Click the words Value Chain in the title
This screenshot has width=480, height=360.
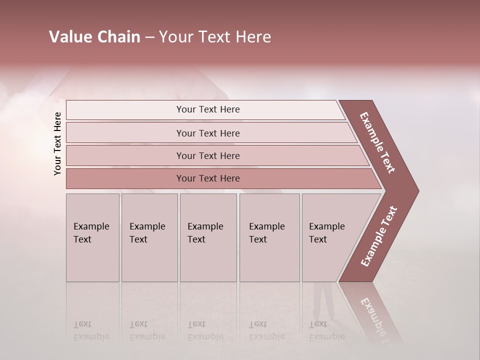94,37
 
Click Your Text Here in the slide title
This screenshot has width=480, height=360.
215,37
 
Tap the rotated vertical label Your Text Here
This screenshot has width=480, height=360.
57,143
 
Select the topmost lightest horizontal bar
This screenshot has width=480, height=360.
208,109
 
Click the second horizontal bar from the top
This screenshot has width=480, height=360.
208,133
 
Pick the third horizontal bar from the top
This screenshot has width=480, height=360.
208,155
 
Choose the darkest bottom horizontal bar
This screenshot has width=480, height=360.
208,178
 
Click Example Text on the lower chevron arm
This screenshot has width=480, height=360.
378,236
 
